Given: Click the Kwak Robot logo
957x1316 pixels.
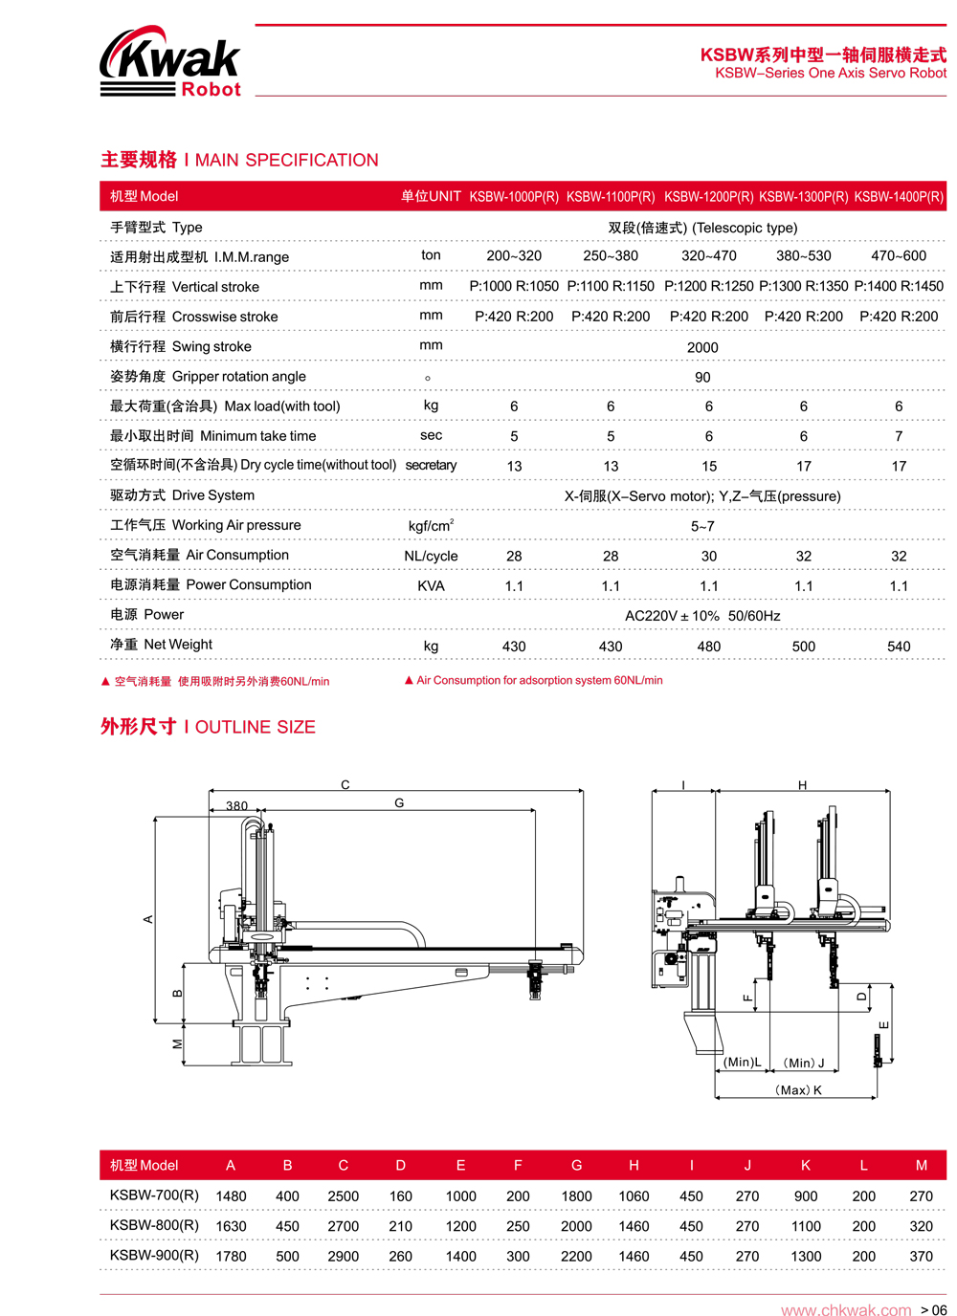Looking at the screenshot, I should [170, 62].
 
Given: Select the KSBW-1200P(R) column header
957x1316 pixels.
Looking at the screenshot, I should [708, 197].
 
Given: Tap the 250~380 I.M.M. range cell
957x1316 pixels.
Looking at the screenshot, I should [611, 256].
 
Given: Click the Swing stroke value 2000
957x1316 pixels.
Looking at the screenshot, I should [702, 347].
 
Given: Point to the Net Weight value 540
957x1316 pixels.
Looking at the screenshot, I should [899, 647].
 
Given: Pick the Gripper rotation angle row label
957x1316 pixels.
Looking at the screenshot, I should [208, 377].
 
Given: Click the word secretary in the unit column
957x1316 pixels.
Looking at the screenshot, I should [431, 466].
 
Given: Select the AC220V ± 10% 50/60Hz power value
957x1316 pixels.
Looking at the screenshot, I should [702, 616].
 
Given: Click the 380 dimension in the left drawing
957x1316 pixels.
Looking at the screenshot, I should [237, 806].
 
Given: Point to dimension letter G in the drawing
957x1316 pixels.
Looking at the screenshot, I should [399, 803].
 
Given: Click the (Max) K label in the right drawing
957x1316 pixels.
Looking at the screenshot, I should [798, 1090].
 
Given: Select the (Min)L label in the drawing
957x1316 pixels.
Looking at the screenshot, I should [743, 1063].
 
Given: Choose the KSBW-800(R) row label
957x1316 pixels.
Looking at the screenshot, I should [154, 1225].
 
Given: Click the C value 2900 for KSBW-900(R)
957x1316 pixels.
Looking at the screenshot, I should [343, 1257].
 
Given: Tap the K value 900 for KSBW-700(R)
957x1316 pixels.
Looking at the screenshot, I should [806, 1196].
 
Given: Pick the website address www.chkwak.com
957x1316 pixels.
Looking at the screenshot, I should [846, 1310].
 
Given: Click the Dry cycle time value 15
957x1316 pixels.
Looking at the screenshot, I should [709, 467].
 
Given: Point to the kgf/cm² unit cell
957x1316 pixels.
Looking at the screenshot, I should [431, 526].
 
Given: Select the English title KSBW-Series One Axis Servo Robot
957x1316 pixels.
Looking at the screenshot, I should [831, 74].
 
